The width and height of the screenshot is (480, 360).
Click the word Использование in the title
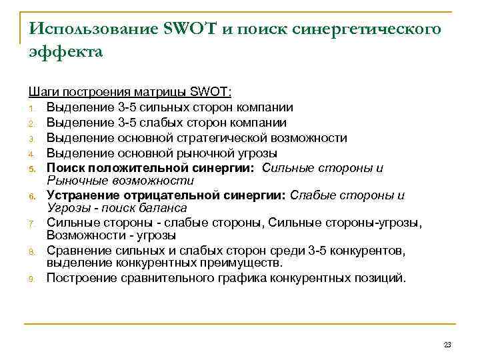pos(91,29)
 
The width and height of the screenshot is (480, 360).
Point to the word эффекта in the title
pos(66,52)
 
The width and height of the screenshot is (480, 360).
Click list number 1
pos(31,108)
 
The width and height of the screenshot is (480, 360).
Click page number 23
pos(447,345)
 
